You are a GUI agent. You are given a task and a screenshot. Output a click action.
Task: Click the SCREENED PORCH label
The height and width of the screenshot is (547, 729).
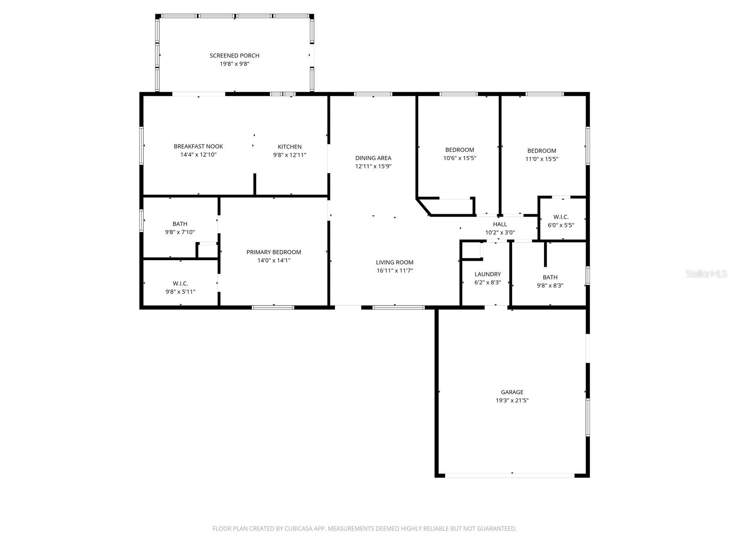[234, 56]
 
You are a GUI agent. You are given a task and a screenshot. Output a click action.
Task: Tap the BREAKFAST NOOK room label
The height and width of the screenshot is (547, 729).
[198, 146]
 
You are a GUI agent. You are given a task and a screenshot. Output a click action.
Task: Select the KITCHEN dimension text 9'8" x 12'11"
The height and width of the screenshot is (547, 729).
[289, 155]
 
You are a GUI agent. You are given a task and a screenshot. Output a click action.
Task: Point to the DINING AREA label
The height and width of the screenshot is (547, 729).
[373, 158]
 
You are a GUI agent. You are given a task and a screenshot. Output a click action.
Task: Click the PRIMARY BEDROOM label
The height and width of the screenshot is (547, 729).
[273, 252]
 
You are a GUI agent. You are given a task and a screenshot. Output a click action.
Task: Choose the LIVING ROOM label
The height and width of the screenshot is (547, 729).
[395, 263]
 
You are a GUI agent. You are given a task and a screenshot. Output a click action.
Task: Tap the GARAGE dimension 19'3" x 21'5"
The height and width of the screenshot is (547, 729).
[512, 401]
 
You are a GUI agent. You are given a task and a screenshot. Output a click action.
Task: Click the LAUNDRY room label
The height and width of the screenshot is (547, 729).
[488, 274]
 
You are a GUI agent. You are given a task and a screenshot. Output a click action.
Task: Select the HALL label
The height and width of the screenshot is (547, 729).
[500, 224]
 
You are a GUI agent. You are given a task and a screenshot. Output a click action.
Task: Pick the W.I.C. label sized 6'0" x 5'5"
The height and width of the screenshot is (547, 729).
[560, 217]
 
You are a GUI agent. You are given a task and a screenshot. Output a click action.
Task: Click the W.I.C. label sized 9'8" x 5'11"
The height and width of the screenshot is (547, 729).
[180, 284]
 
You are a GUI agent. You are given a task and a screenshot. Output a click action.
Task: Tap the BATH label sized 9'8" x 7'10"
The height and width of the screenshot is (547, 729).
[180, 224]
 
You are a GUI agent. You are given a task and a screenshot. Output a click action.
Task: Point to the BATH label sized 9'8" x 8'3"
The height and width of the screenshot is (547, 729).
[550, 277]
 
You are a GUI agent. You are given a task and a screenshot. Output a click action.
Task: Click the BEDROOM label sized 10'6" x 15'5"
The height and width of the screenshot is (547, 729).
[459, 150]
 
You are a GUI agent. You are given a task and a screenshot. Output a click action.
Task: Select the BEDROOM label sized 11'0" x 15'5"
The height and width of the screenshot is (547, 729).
[541, 151]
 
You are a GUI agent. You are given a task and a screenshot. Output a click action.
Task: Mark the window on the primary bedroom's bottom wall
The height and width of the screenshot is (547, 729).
[273, 308]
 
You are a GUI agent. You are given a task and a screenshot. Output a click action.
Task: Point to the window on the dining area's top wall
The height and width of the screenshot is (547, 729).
[373, 94]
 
